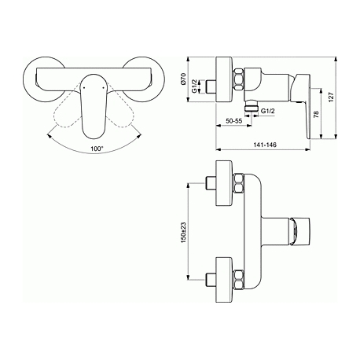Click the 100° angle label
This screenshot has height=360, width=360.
(97, 149)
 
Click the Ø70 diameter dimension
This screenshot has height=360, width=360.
(183, 79)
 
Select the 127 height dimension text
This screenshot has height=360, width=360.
(332, 97)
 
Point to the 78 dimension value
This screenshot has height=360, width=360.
(317, 114)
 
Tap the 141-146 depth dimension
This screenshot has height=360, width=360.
(265, 145)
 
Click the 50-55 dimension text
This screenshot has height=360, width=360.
(234, 121)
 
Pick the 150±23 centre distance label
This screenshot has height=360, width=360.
(183, 233)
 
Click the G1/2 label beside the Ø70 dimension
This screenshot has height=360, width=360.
(195, 86)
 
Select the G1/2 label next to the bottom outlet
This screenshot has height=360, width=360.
(268, 111)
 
